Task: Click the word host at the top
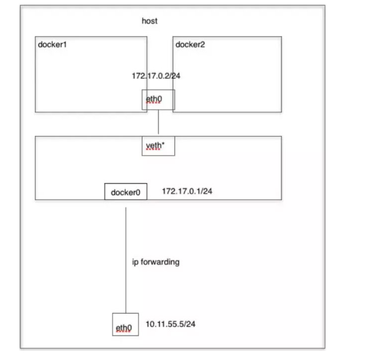coord(150,21)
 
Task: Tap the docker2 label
coord(190,44)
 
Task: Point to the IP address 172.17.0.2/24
coord(156,76)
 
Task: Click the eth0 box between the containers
coord(158,100)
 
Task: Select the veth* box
coord(158,146)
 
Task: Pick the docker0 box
coord(126,192)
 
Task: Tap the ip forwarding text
coord(156,262)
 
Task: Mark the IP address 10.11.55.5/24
coord(171,324)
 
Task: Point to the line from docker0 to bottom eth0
coord(126,258)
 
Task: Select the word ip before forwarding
coord(135,262)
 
